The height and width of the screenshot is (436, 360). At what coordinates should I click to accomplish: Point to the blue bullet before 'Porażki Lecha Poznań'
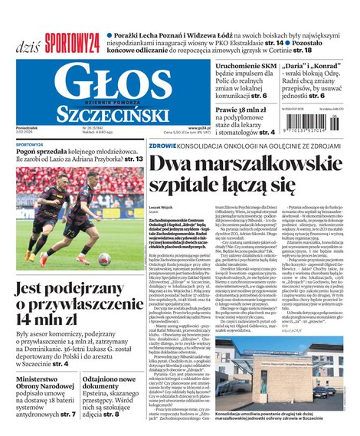point(110,36)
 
